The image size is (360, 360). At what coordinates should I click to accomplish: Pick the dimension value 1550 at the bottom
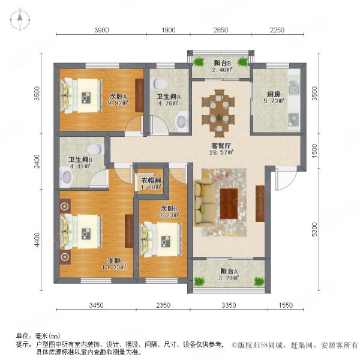[285, 306]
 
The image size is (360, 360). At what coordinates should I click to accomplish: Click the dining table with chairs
[219, 110]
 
